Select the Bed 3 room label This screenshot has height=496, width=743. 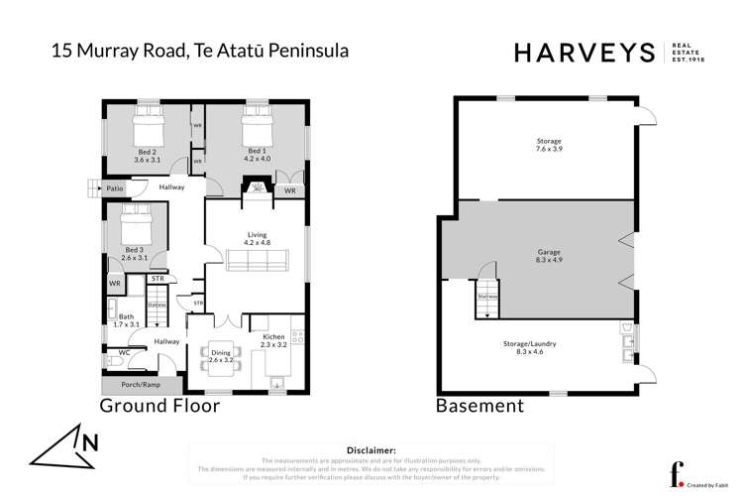click(x=134, y=253)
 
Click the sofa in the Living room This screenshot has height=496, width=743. click(x=257, y=261)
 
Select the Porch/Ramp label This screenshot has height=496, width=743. click(x=140, y=385)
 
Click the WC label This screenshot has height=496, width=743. click(x=124, y=352)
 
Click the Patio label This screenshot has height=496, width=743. click(x=116, y=186)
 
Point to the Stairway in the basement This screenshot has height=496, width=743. click(x=486, y=296)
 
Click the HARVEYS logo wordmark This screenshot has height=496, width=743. click(x=584, y=53)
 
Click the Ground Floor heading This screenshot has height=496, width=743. click(x=159, y=406)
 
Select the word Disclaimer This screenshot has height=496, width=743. click(x=368, y=450)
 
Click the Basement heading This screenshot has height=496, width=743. click(x=479, y=406)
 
